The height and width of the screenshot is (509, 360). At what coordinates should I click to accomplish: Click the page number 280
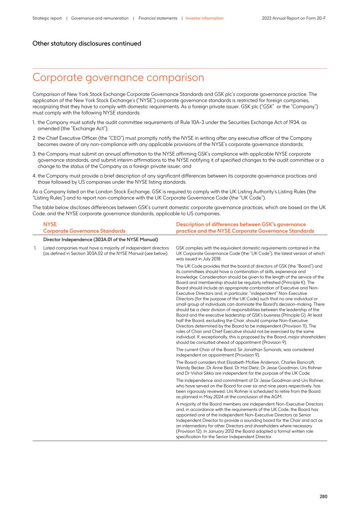(323, 496)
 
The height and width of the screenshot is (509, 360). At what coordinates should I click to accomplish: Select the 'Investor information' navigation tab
(205, 18)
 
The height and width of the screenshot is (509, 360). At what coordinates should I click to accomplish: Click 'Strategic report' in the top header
(47, 18)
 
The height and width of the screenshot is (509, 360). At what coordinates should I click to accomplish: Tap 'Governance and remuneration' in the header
(100, 18)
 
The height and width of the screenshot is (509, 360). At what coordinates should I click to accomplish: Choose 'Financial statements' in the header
(158, 18)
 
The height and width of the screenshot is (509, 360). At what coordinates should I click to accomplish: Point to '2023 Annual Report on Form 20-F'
(294, 18)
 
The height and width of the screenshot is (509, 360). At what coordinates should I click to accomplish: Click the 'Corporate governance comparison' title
(118, 78)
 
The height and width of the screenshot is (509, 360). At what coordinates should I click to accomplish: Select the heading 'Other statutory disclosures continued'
(87, 44)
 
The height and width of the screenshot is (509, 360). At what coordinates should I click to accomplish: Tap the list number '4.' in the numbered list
(34, 176)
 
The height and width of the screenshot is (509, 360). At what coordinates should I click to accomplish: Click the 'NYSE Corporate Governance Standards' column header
(84, 227)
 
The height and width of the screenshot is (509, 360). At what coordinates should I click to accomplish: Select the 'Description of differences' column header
(245, 227)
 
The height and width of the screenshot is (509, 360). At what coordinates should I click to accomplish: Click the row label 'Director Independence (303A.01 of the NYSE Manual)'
(101, 239)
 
